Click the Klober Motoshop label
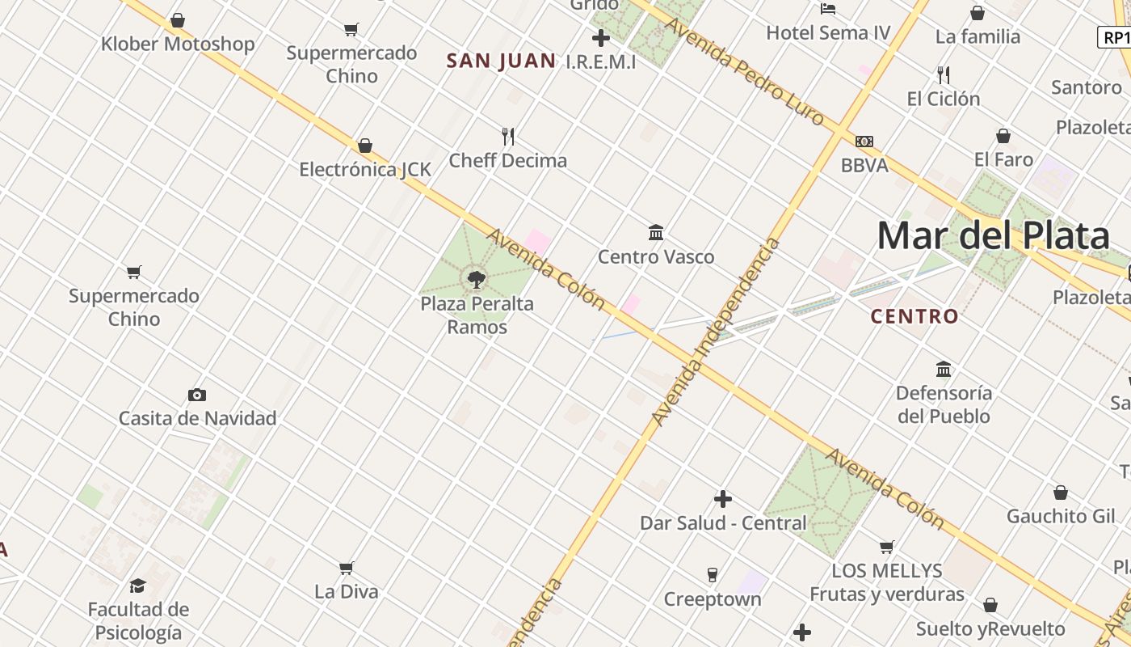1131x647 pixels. tap(178, 44)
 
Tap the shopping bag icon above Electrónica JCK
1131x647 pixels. tap(365, 146)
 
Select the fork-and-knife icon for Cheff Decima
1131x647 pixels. tap(508, 136)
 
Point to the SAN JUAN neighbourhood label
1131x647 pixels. tap(501, 61)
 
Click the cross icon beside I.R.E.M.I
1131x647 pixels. tap(600, 38)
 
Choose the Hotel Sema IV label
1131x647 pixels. tap(828, 32)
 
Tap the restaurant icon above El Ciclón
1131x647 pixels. tap(943, 75)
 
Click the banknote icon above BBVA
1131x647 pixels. tap(864, 142)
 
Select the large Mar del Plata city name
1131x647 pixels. tap(993, 236)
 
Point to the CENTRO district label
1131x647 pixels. tap(914, 316)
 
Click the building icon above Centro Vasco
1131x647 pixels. tap(656, 233)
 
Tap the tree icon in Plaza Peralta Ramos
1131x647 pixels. tap(477, 280)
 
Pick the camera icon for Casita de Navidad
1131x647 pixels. tap(197, 395)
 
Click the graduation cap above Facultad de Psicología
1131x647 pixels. tap(138, 586)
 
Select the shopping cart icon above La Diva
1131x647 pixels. tap(347, 568)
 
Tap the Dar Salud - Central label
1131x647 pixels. tap(723, 522)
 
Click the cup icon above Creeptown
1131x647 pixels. tap(712, 575)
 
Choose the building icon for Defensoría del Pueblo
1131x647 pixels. tap(944, 370)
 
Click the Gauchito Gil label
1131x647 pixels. tap(1060, 516)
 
